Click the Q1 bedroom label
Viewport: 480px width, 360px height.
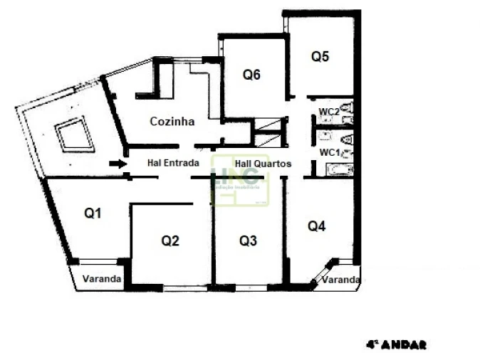[x=94, y=212]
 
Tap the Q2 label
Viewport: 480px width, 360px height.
[x=170, y=240]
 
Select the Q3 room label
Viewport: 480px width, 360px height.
[x=248, y=240]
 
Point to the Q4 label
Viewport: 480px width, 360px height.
[x=317, y=226]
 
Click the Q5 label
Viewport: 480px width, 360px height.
[x=320, y=57]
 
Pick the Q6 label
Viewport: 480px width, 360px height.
[x=251, y=74]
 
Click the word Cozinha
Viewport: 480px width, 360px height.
[x=172, y=122]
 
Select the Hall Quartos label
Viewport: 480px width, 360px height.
[x=263, y=163]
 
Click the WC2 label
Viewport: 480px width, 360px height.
[x=328, y=111]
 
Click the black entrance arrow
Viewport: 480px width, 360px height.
[x=116, y=164]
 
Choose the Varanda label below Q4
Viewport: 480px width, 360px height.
[x=340, y=280]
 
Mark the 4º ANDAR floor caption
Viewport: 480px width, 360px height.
[x=396, y=344]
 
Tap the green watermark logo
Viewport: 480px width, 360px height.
[x=241, y=181]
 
